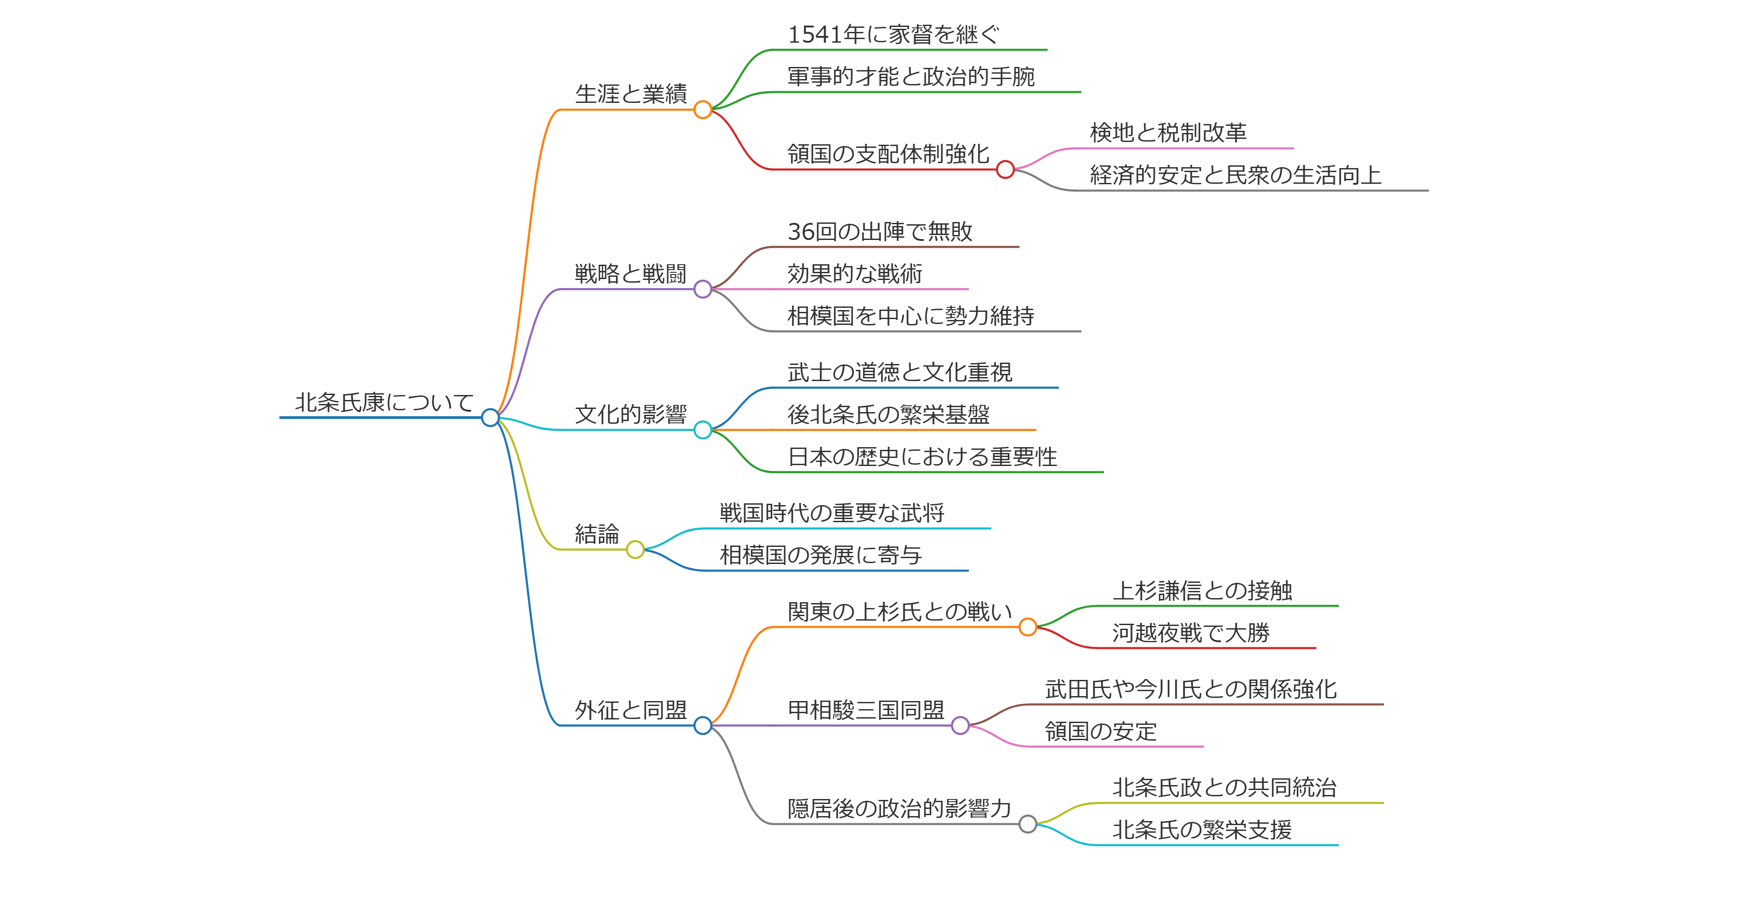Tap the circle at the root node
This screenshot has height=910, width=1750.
tap(490, 417)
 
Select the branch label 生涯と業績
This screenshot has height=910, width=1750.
tap(631, 94)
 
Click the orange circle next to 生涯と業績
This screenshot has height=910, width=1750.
tap(703, 109)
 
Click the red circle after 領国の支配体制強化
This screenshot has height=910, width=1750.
tap(1005, 169)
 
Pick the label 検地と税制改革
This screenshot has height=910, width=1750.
tap(1168, 133)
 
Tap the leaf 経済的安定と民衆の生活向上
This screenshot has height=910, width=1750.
tap(1235, 175)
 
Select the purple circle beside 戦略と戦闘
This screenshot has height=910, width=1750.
tap(703, 289)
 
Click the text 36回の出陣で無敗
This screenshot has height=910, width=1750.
tap(880, 232)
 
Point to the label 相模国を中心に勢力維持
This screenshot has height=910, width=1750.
tap(910, 316)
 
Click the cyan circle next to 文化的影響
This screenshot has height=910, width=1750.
tap(703, 430)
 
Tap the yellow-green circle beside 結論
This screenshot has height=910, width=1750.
tap(635, 549)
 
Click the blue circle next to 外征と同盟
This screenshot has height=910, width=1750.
tap(703, 725)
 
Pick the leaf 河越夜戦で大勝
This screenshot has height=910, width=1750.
tap(1190, 633)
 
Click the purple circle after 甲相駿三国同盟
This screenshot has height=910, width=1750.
tap(960, 725)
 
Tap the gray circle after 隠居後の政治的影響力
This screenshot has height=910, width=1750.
tap(1027, 824)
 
